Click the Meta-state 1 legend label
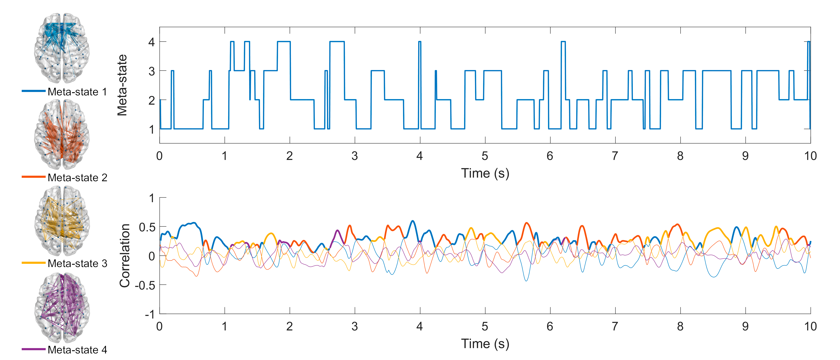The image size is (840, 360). (77, 92)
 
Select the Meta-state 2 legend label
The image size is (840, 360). (77, 178)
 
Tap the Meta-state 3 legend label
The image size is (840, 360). (77, 263)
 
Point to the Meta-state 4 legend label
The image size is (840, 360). (77, 350)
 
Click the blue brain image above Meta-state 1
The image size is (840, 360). (62, 48)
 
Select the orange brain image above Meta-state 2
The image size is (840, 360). (62, 134)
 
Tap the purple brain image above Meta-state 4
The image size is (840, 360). (62, 308)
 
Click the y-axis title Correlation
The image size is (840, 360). (125, 256)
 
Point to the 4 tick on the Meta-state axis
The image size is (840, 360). (152, 42)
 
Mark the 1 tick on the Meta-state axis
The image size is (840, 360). (152, 129)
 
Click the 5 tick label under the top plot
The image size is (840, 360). (485, 156)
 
